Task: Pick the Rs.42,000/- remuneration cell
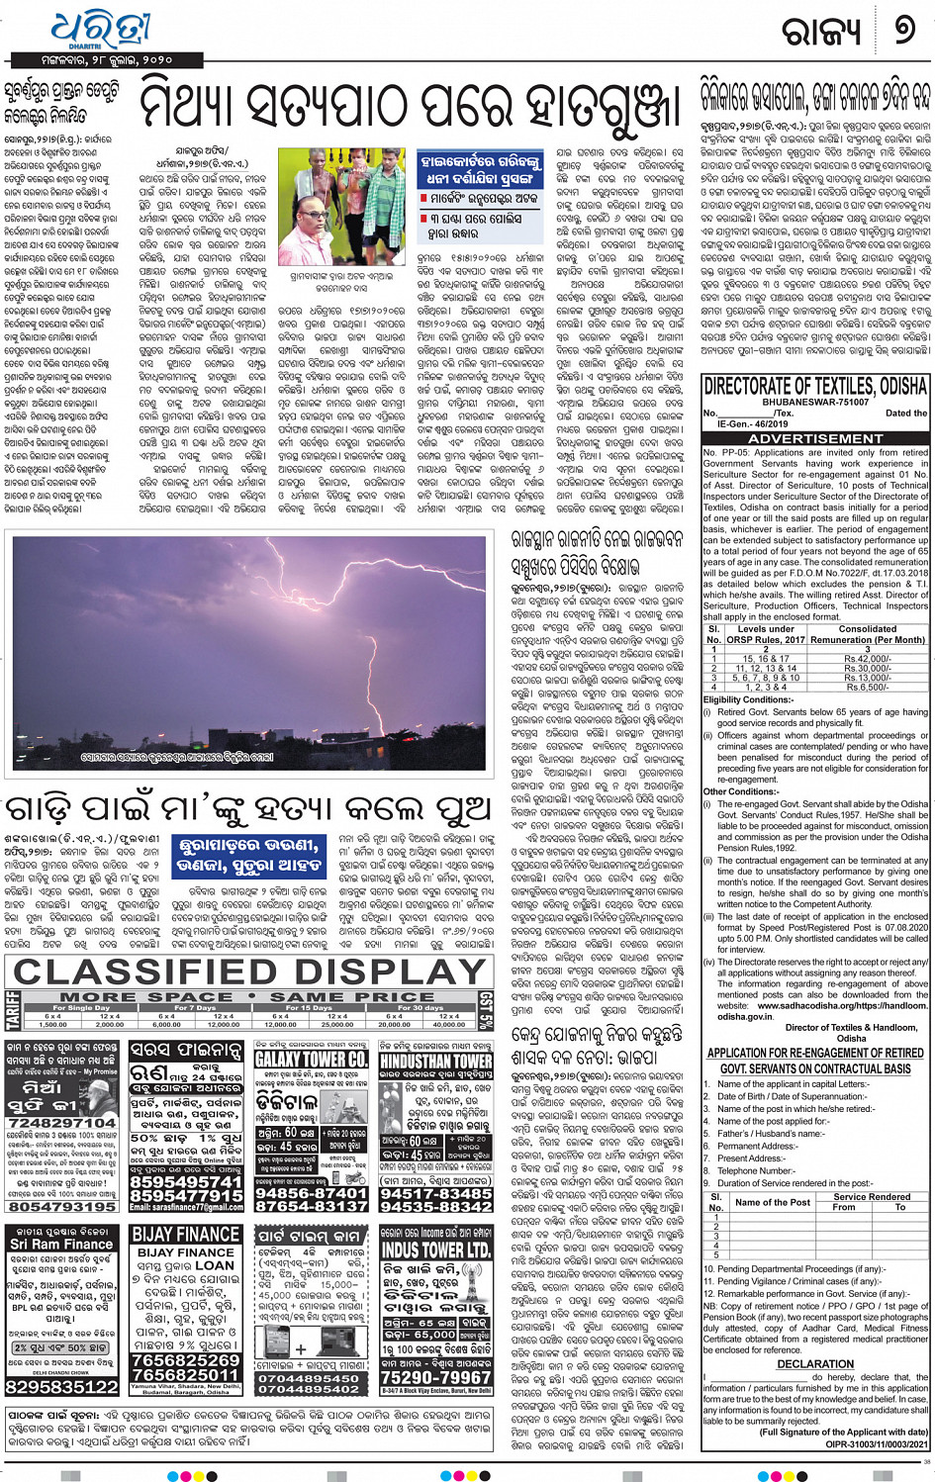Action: point(868,658)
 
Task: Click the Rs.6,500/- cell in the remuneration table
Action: point(868,687)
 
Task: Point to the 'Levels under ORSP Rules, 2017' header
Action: point(766,634)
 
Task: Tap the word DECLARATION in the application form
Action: point(815,1362)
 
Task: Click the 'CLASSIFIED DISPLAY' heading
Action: point(252,972)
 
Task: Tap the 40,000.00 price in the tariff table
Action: point(449,1024)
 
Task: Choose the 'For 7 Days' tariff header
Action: point(195,1007)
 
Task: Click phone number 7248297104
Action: point(62,1123)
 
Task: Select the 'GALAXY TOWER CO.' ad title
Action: point(313,1059)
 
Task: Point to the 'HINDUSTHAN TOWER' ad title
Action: point(436,1060)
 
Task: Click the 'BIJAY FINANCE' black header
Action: point(186,1235)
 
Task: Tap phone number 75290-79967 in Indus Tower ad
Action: point(436,1376)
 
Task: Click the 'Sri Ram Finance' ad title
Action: point(61,1245)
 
